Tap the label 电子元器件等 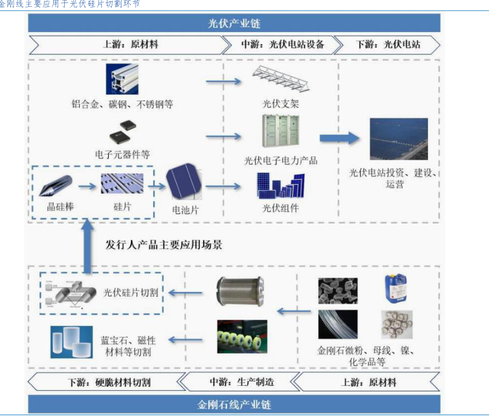pos(122,154)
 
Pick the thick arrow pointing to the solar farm pos(339,138)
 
